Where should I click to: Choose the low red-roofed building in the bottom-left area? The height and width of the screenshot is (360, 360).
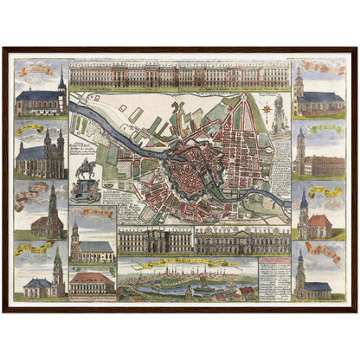click(92, 282)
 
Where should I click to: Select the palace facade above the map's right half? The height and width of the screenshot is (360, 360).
click(235, 75)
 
